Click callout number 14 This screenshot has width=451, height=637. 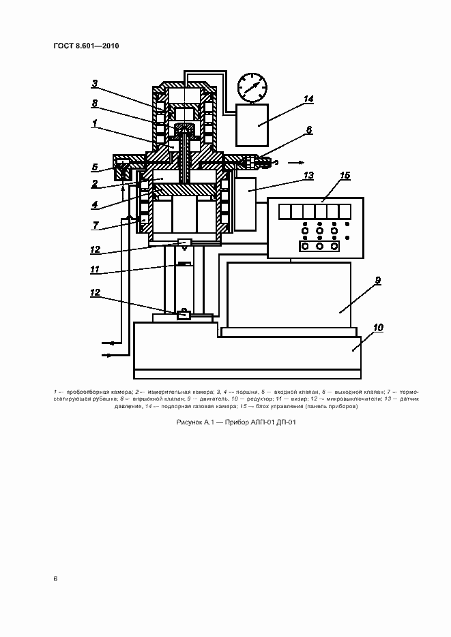(x=308, y=99)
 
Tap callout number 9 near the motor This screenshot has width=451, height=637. (x=378, y=280)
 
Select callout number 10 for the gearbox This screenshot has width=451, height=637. (x=378, y=328)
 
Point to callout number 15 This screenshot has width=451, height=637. (x=345, y=176)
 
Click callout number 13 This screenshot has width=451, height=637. (x=308, y=176)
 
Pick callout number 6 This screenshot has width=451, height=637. (x=309, y=130)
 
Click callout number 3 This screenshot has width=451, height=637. (x=95, y=84)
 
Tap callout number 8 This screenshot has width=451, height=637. (x=95, y=103)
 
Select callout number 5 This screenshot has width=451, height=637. (x=95, y=167)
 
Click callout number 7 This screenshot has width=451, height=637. (x=96, y=225)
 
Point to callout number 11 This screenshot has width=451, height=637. (x=95, y=269)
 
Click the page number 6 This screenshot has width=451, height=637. (x=55, y=578)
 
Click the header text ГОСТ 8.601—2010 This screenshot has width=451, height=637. (x=86, y=46)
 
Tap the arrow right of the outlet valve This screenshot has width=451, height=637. (x=295, y=163)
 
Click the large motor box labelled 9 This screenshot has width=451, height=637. (x=289, y=295)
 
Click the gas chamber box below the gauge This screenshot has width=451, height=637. (x=252, y=125)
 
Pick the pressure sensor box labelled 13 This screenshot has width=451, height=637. (x=246, y=204)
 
